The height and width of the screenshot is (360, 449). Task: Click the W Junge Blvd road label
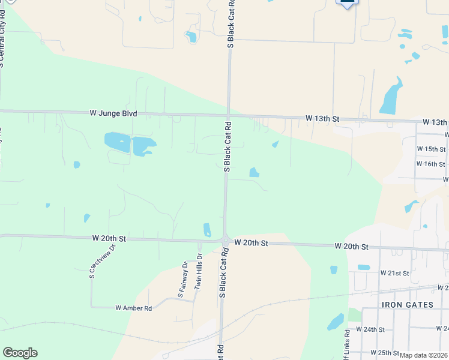point(113,113)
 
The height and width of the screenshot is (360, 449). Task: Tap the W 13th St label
point(322,119)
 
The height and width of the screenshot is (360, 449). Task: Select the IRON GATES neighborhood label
point(407,305)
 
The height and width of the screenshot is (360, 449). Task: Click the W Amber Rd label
point(133,308)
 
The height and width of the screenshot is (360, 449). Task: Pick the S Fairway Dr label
point(182,279)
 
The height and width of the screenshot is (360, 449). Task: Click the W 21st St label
point(394,273)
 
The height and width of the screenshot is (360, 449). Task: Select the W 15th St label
point(431,149)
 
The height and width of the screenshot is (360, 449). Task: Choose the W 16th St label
point(431,164)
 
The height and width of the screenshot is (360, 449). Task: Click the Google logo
point(20,353)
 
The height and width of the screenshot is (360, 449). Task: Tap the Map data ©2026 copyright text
point(423,355)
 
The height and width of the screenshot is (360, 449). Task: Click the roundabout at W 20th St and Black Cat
point(226,241)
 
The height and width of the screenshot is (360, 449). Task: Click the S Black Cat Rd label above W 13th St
point(231,24)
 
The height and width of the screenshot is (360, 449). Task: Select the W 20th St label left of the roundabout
point(109,238)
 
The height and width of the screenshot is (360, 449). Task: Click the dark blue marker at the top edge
point(347,3)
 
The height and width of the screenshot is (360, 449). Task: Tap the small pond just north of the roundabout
point(207,230)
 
